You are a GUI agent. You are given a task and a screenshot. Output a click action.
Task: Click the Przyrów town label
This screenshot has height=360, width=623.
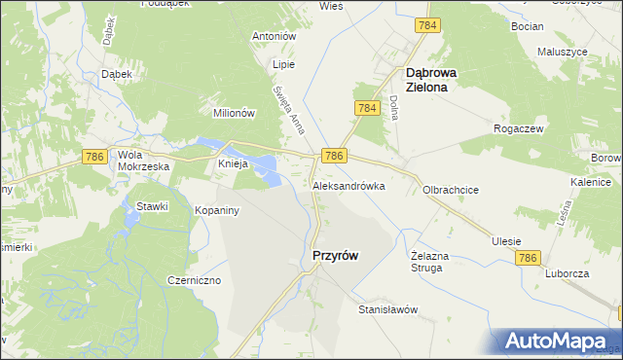pyautogui.click(x=334, y=255)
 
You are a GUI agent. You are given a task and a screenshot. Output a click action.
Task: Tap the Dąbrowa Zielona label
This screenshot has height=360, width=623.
pyautogui.click(x=439, y=78)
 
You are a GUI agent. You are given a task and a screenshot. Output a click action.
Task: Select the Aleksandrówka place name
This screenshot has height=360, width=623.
pyautogui.click(x=348, y=185)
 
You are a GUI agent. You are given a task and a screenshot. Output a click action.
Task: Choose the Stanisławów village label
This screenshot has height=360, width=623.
pyautogui.click(x=387, y=309)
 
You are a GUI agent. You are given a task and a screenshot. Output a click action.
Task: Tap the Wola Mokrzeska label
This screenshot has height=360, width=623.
pyautogui.click(x=143, y=161)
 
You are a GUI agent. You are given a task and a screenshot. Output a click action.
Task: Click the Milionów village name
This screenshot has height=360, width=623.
pyautogui.click(x=234, y=113)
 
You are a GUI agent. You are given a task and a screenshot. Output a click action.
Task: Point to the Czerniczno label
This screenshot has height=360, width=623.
pyautogui.click(x=194, y=280)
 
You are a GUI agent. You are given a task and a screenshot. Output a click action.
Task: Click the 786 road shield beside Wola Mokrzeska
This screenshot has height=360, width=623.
pyautogui.click(x=94, y=157)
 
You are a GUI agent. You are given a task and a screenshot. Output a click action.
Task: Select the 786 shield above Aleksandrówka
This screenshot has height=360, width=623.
pyautogui.click(x=333, y=156)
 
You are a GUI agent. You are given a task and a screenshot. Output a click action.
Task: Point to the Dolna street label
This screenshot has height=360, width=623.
pyautogui.click(x=395, y=107)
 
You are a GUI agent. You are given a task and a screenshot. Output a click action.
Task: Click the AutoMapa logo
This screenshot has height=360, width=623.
pyautogui.click(x=559, y=342)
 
